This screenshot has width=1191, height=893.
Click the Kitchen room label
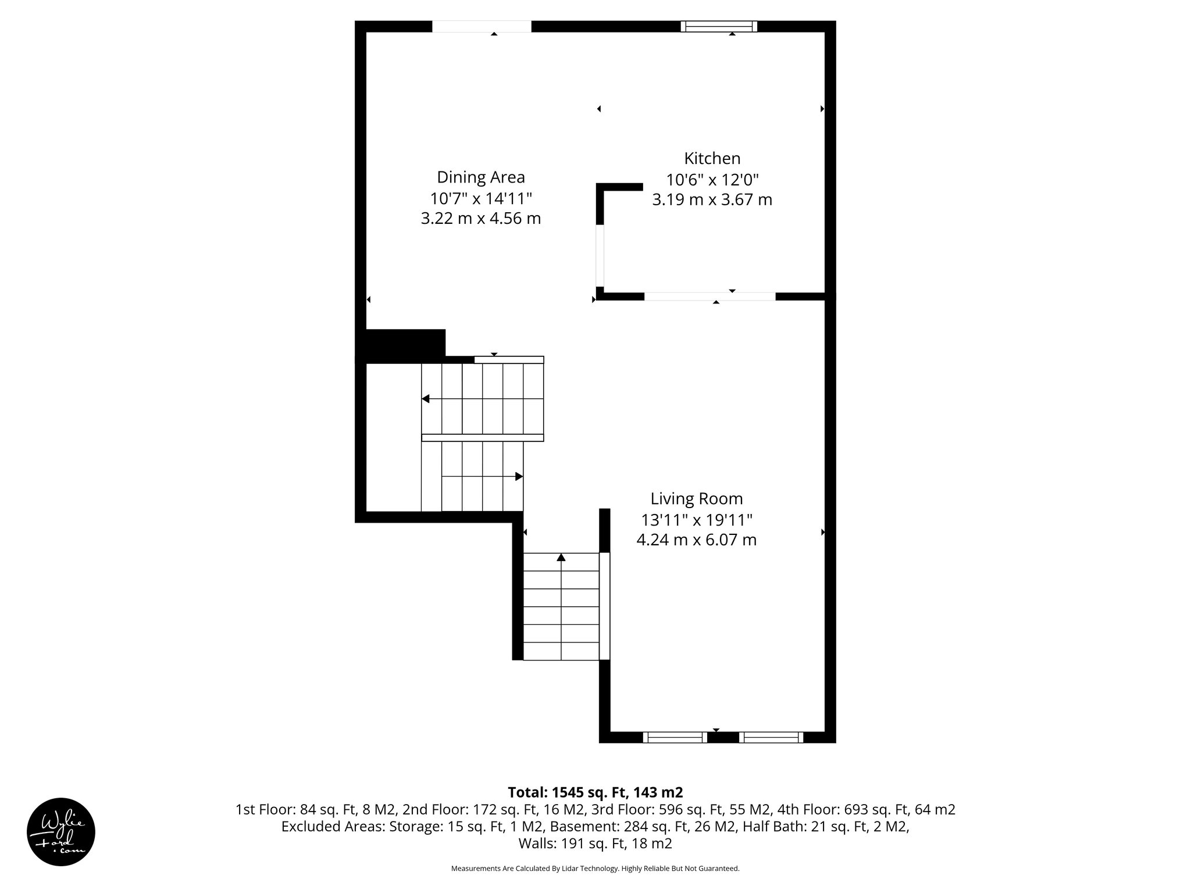pos(712,159)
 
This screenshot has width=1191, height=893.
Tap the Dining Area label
pos(480,177)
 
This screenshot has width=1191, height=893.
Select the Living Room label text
pos(696,499)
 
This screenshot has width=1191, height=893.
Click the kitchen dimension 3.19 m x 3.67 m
pos(712,200)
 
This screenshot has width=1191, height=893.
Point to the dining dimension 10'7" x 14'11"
pos(480,198)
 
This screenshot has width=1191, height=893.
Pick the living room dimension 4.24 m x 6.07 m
pos(696,540)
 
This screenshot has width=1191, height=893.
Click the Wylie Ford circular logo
pos(60,832)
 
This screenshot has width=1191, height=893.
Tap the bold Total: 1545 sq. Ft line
pos(595,792)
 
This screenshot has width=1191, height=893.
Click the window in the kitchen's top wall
pos(719,26)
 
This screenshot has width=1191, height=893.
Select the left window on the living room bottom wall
pos(675,737)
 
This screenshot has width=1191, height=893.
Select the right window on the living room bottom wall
pos(771,737)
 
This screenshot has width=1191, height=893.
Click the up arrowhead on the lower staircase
pos(561,558)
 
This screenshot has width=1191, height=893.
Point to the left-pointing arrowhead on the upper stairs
pos(426,399)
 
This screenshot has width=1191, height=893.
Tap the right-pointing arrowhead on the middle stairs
pos(519,477)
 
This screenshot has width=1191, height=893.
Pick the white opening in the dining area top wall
pos(482,26)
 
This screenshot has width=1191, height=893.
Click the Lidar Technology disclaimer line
pos(595,869)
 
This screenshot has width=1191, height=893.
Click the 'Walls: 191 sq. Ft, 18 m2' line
pos(595,844)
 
